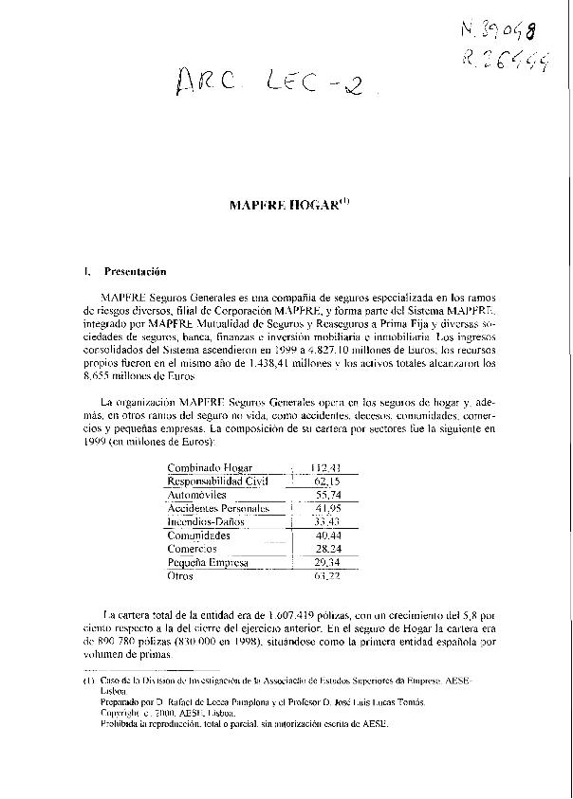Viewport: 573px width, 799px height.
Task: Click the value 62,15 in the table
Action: (328, 481)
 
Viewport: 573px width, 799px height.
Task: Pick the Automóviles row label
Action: (197, 495)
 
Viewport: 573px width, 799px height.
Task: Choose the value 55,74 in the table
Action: (328, 495)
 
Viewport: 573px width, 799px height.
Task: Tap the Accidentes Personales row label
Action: (218, 508)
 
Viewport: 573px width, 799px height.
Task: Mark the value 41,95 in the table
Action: (328, 508)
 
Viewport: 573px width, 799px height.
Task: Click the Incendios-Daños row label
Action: (206, 521)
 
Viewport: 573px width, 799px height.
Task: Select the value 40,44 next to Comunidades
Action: (328, 536)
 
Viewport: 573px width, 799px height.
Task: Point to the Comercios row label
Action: (192, 549)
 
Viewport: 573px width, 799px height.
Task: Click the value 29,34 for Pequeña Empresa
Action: (328, 562)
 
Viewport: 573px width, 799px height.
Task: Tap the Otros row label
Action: (180, 575)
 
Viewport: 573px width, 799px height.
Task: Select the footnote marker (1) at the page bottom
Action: (88, 681)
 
